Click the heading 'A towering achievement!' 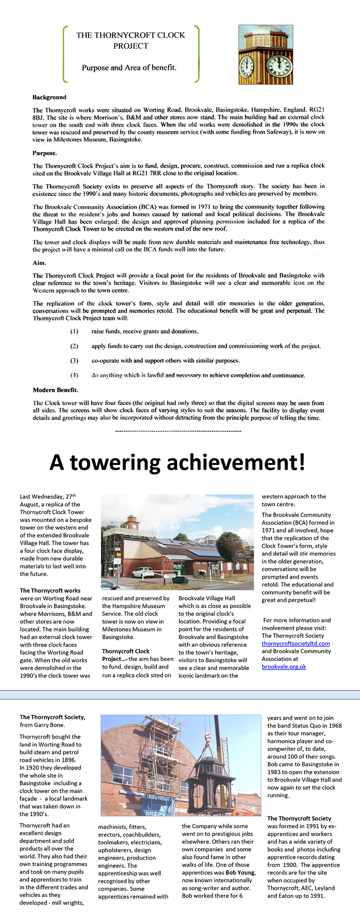pos(177,463)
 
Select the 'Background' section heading pos(49,97)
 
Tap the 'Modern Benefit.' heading pos(55,390)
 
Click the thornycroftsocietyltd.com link pos(296,643)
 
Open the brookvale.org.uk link pos(284,666)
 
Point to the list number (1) pos(74,331)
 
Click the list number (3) pos(74,360)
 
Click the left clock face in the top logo pos(247,67)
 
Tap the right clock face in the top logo pos(279,66)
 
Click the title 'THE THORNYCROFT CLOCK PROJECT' pos(131,40)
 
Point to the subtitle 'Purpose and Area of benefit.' pos(129,68)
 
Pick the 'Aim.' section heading pos(39,263)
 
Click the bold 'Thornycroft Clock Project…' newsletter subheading pos(126,655)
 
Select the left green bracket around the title pos(65,54)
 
